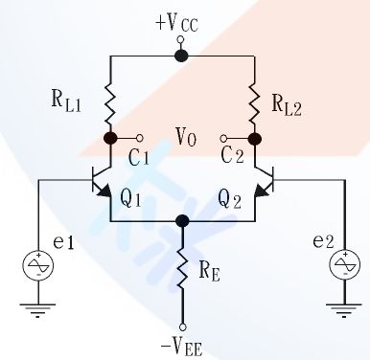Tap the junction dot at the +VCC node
[x=182, y=56]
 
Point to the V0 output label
[x=186, y=138]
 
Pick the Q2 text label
[x=230, y=199]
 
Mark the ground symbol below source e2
[x=342, y=308]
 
